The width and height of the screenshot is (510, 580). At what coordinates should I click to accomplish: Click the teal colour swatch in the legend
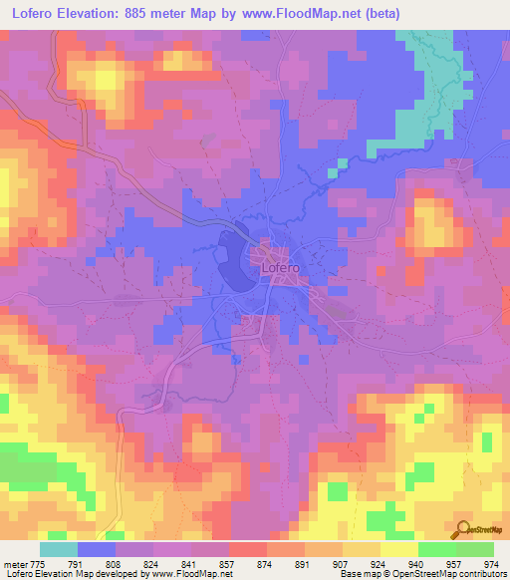tap(59, 548)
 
